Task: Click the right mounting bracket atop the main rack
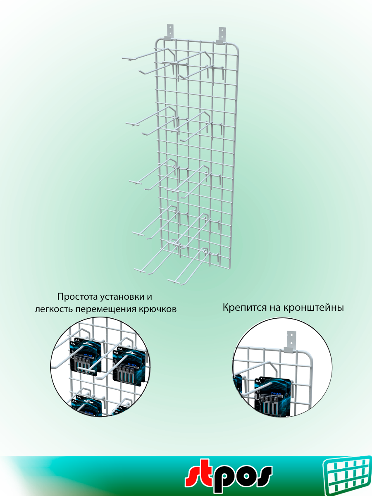point(222,34)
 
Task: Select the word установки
point(123,297)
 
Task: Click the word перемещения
point(109,309)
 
